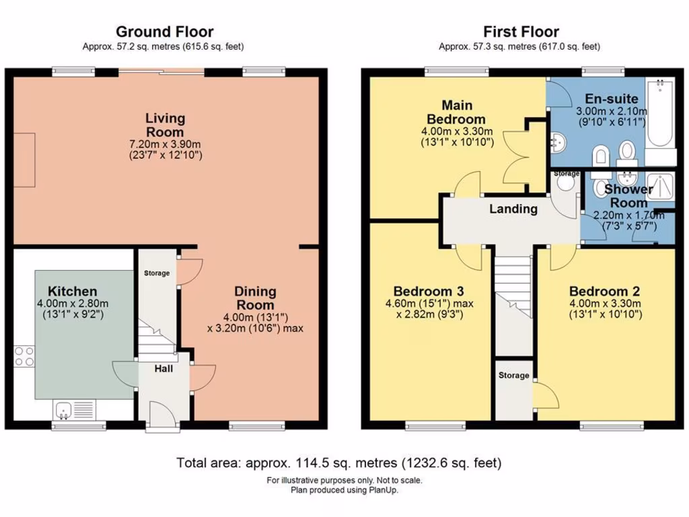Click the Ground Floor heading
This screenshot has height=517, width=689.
coord(165,32)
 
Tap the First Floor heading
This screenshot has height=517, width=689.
coord(521,32)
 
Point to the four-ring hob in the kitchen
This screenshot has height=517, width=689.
coord(24,357)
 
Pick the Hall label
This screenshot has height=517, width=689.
coord(164,369)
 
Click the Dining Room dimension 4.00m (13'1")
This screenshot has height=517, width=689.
coord(255,317)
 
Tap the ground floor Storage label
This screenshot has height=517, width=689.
coord(157,273)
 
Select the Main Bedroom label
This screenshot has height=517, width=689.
coord(457,112)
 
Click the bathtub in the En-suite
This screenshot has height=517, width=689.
coord(660,112)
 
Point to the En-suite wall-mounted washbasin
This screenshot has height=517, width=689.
coord(558,142)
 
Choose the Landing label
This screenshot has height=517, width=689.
coord(513,209)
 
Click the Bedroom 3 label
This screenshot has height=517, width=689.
coord(429,291)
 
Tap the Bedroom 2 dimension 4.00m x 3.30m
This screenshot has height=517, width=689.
coord(605,304)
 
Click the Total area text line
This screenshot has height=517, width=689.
coord(339,462)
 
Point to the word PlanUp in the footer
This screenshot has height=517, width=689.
coord(383,490)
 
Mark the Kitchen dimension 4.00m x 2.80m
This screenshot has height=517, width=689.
coord(73,304)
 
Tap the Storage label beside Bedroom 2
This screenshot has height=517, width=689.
coord(513,375)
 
